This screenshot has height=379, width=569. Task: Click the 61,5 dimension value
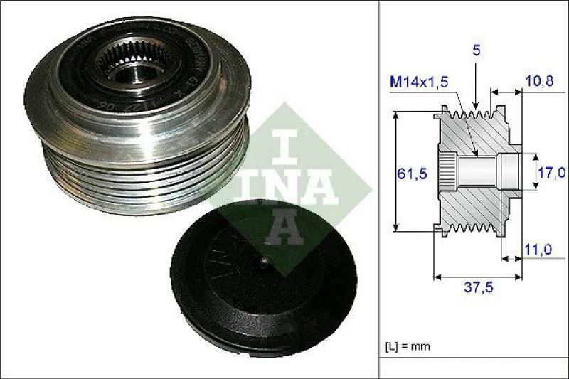pyautogui.click(x=410, y=173)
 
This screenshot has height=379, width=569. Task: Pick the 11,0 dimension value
pyautogui.click(x=538, y=250)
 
